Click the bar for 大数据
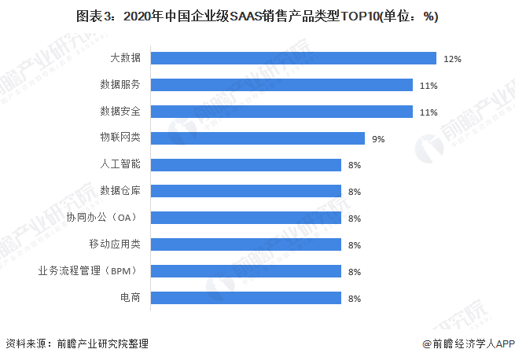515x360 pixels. (x=293, y=58)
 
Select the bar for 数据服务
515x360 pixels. (x=281, y=85)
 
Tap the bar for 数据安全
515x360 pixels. (x=281, y=112)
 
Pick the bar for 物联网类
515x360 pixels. (x=257, y=138)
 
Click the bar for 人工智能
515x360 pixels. (x=245, y=165)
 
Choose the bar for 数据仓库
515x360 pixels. (x=245, y=192)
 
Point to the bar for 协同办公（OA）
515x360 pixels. (x=245, y=218)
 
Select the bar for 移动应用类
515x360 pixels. (x=245, y=244)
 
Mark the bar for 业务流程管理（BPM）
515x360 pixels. (x=245, y=271)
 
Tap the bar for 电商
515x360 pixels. (x=245, y=298)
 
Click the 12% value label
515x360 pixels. (x=452, y=59)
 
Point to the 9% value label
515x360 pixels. (x=378, y=139)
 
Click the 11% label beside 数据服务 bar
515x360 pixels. (x=429, y=86)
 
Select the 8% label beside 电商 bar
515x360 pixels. (x=354, y=299)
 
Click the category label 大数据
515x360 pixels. (x=125, y=58)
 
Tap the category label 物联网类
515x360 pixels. (x=120, y=138)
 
